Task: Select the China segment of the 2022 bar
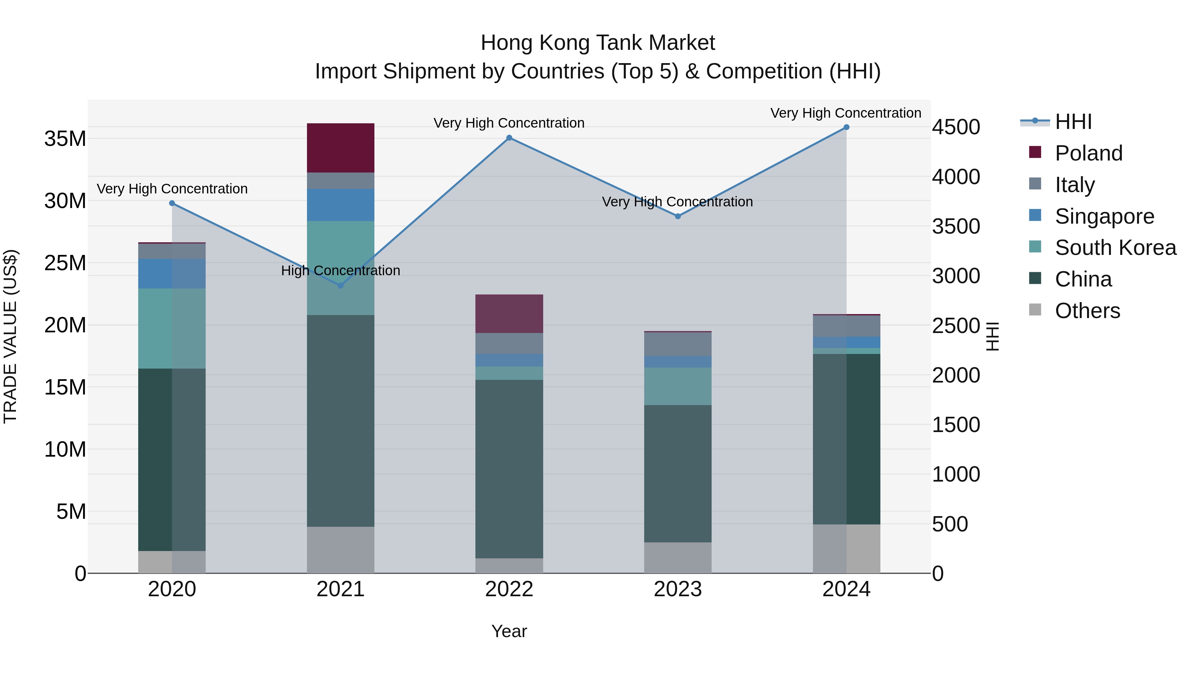click(x=509, y=469)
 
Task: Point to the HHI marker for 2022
click(x=509, y=138)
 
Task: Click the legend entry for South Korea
click(x=1115, y=248)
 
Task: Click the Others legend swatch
click(x=1035, y=310)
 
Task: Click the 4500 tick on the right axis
click(x=956, y=127)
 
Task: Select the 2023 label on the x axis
click(x=677, y=589)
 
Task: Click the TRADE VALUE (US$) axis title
click(x=10, y=336)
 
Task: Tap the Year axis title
click(x=509, y=631)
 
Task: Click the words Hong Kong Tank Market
click(x=598, y=43)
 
